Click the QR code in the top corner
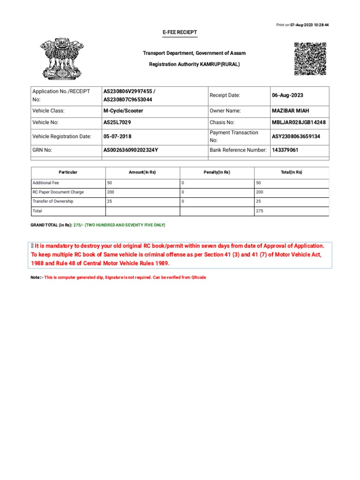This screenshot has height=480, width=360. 310,59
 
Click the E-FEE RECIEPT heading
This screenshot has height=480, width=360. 180,32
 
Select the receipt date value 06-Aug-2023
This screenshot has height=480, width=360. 287,95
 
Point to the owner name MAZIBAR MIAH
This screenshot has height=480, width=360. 291,111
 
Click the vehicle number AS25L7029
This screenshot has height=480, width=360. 117,122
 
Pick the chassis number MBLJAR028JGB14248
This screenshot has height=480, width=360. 299,122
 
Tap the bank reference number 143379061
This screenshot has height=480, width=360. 285,150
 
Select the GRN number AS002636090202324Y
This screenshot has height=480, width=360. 131,150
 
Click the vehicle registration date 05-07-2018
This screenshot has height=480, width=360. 117,136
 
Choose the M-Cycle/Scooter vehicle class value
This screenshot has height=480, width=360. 123,111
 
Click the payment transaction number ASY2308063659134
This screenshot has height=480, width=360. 296,136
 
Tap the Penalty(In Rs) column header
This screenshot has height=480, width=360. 217,172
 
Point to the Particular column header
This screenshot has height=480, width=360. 68,172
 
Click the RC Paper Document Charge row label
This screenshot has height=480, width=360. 58,192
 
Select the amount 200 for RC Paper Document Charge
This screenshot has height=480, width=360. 111,192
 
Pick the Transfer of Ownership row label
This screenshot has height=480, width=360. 53,202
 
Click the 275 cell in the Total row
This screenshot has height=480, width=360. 260,211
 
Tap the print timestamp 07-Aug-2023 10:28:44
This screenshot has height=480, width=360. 309,24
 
